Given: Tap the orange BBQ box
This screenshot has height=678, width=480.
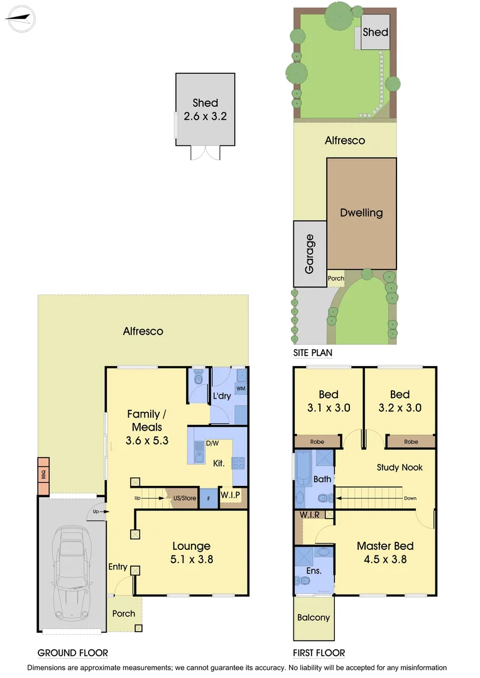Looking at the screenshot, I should click(43, 475).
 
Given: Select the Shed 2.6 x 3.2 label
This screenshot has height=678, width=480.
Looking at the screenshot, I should click(205, 109).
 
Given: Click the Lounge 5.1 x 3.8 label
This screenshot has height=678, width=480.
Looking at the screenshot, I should click(192, 552).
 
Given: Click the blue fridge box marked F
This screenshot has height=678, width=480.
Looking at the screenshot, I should click(208, 499).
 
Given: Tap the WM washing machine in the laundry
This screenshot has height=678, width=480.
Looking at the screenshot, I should click(240, 389).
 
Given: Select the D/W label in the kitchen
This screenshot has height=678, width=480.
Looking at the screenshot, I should click(212, 444).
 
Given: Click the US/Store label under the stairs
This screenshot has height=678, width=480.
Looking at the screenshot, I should click(185, 498).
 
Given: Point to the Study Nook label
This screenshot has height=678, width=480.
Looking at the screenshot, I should click(400, 467).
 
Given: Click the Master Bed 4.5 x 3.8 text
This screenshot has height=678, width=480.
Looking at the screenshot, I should click(385, 552).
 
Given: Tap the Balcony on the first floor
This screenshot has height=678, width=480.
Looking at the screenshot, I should click(313, 617).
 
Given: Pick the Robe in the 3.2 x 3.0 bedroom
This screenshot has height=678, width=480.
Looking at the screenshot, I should click(411, 442).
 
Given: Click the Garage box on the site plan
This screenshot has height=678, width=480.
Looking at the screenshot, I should click(309, 254).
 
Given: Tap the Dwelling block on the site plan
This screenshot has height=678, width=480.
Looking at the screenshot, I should click(361, 213).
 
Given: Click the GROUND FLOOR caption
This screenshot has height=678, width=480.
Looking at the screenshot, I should click(72, 653).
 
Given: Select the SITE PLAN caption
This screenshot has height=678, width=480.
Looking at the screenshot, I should click(313, 353).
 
